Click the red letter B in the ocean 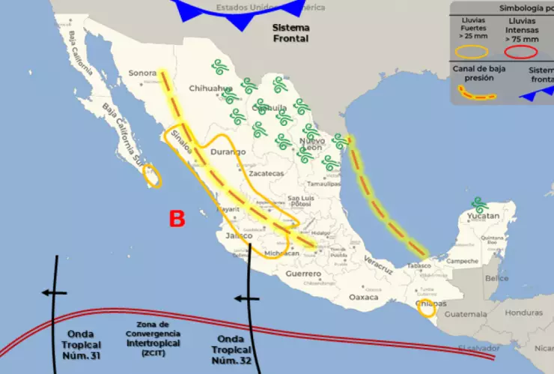(177, 219)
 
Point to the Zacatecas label (267, 173)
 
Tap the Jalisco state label (239, 235)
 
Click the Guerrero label (303, 274)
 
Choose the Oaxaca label (364, 297)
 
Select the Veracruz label (378, 264)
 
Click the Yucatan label (482, 216)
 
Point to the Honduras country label (523, 312)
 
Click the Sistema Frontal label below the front (290, 32)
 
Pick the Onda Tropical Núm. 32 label (235, 349)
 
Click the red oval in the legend (521, 52)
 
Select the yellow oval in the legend (473, 52)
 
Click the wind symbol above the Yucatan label (479, 204)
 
